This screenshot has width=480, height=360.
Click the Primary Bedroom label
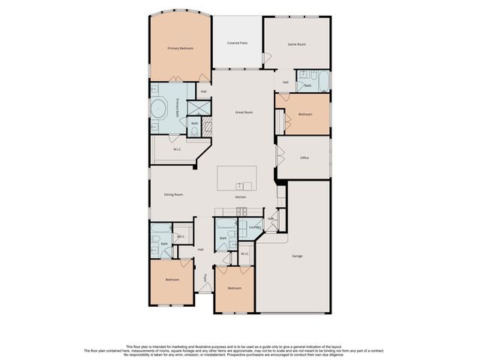180,48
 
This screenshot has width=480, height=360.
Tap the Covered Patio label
238,43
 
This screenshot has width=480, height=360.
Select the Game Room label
297,44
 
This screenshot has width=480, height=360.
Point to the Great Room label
244,112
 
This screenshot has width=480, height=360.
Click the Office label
304,157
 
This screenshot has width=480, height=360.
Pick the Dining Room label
173,194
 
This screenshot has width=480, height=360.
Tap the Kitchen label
241,197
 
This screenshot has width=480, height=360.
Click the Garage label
297,256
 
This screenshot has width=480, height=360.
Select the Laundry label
254,226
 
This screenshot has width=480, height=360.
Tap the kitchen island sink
239,185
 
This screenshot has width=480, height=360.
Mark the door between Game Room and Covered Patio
265,57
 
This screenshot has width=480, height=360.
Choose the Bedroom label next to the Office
305,115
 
